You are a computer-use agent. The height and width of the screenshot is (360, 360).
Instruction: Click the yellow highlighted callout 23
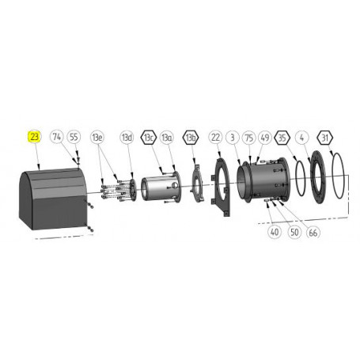pos(35,137)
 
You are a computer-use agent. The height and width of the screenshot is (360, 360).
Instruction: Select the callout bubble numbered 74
pos(57,137)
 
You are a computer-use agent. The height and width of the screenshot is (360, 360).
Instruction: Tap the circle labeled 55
pos(74,137)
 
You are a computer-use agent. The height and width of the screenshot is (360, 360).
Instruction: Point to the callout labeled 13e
pos(98,137)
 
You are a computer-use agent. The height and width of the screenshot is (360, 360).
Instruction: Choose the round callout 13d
pos(127,137)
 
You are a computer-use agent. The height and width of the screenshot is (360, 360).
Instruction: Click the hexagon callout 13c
pos(148,137)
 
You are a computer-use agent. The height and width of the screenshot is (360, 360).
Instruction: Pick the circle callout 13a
pos(166,137)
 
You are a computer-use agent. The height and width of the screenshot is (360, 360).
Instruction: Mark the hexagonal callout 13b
pos(191,137)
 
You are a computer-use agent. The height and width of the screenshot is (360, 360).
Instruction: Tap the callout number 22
pos(215,137)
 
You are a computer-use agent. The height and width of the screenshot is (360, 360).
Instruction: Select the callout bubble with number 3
pos(232,137)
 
